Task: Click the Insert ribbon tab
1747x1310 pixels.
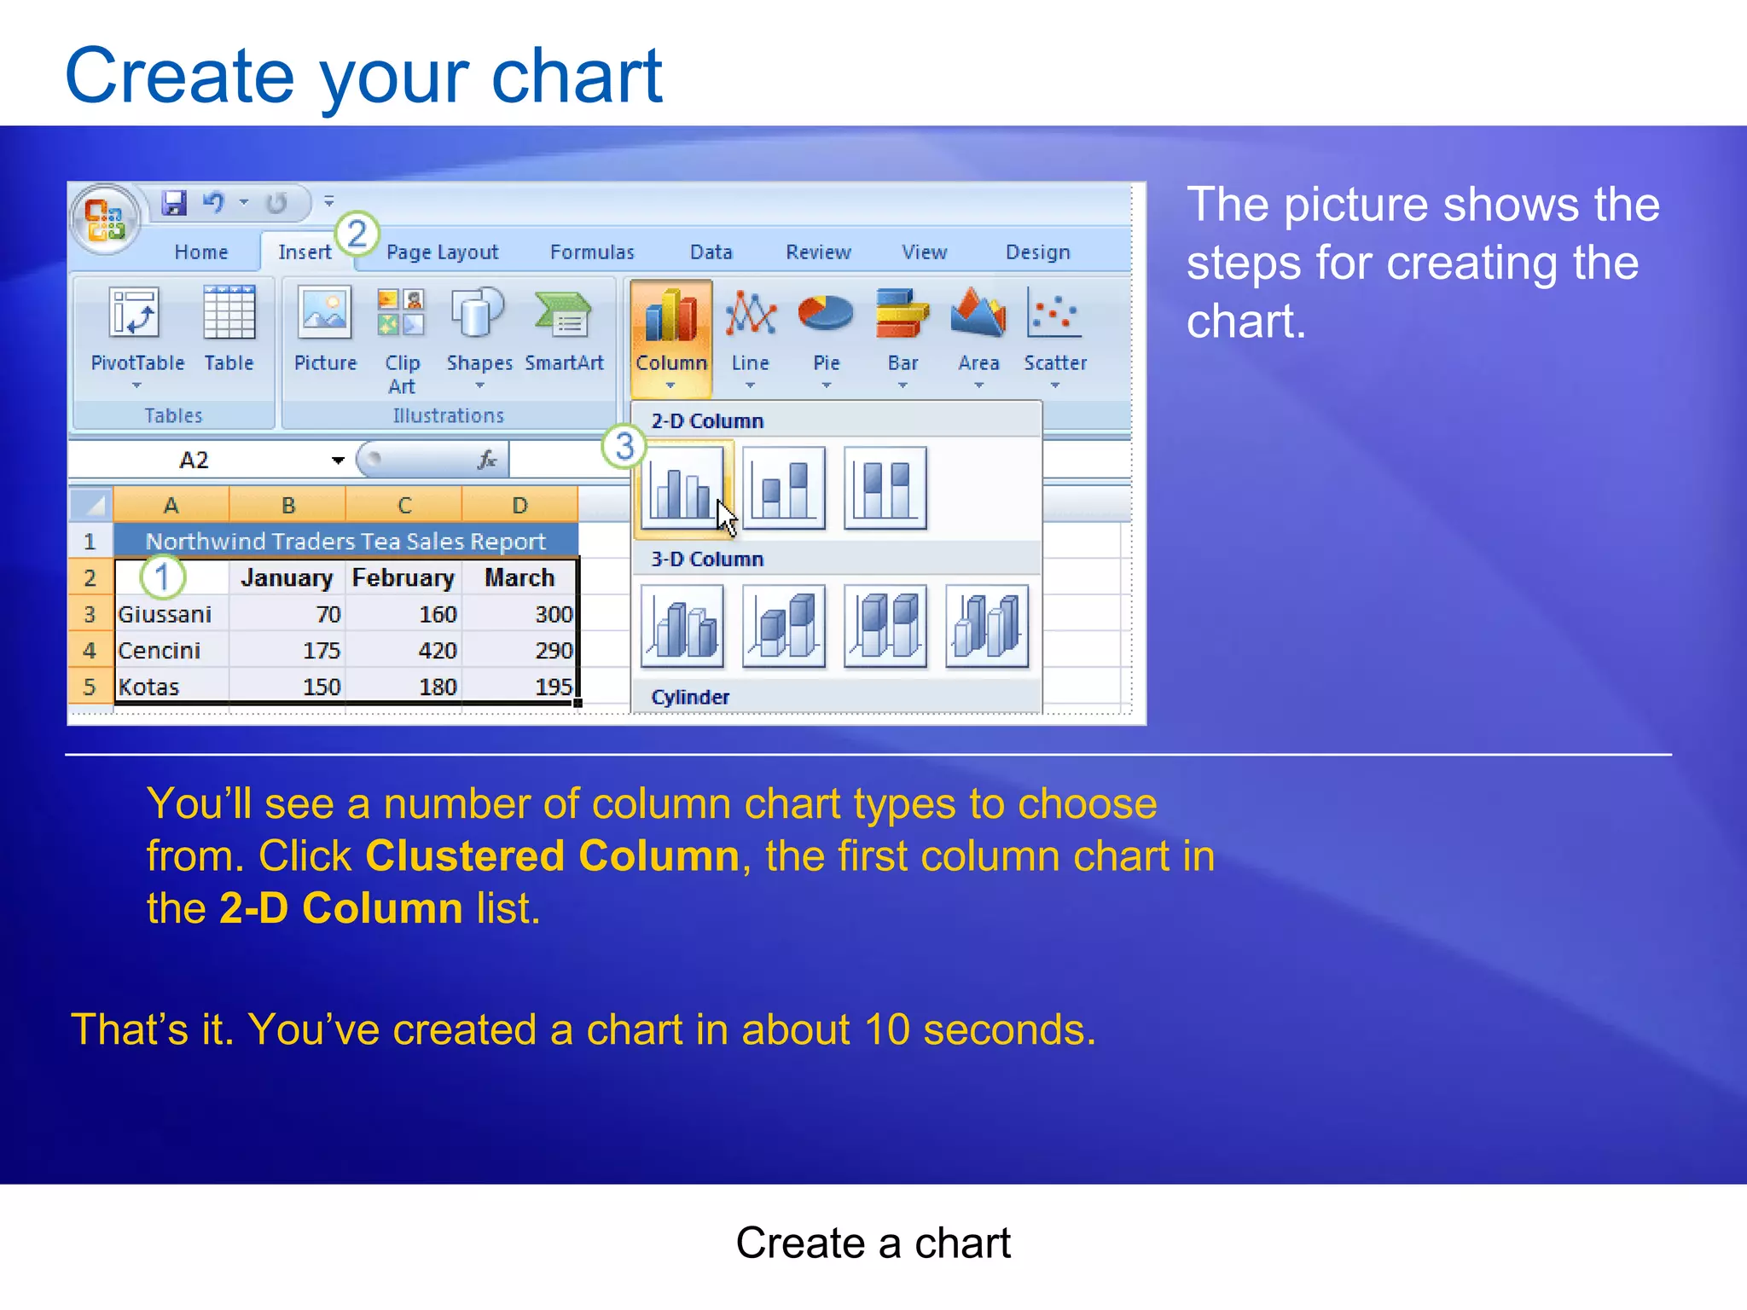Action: (x=305, y=252)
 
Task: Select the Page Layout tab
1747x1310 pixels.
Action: (x=442, y=252)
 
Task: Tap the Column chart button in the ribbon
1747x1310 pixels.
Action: (x=671, y=337)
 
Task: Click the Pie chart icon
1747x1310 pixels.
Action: (x=826, y=337)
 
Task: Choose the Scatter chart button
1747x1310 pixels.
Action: (x=1055, y=337)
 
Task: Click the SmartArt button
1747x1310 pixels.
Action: (x=564, y=337)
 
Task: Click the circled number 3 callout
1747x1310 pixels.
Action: (x=624, y=446)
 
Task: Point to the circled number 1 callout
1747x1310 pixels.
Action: (x=162, y=577)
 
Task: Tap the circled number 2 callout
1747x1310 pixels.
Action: (x=357, y=234)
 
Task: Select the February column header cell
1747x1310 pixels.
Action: (x=403, y=578)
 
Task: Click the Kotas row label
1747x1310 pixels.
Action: (x=149, y=687)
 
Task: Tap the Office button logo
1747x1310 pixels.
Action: (x=106, y=219)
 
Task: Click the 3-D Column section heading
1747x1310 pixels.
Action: (x=707, y=559)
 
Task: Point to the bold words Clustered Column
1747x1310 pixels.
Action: (x=552, y=855)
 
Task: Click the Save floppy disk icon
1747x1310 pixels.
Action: (x=174, y=203)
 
